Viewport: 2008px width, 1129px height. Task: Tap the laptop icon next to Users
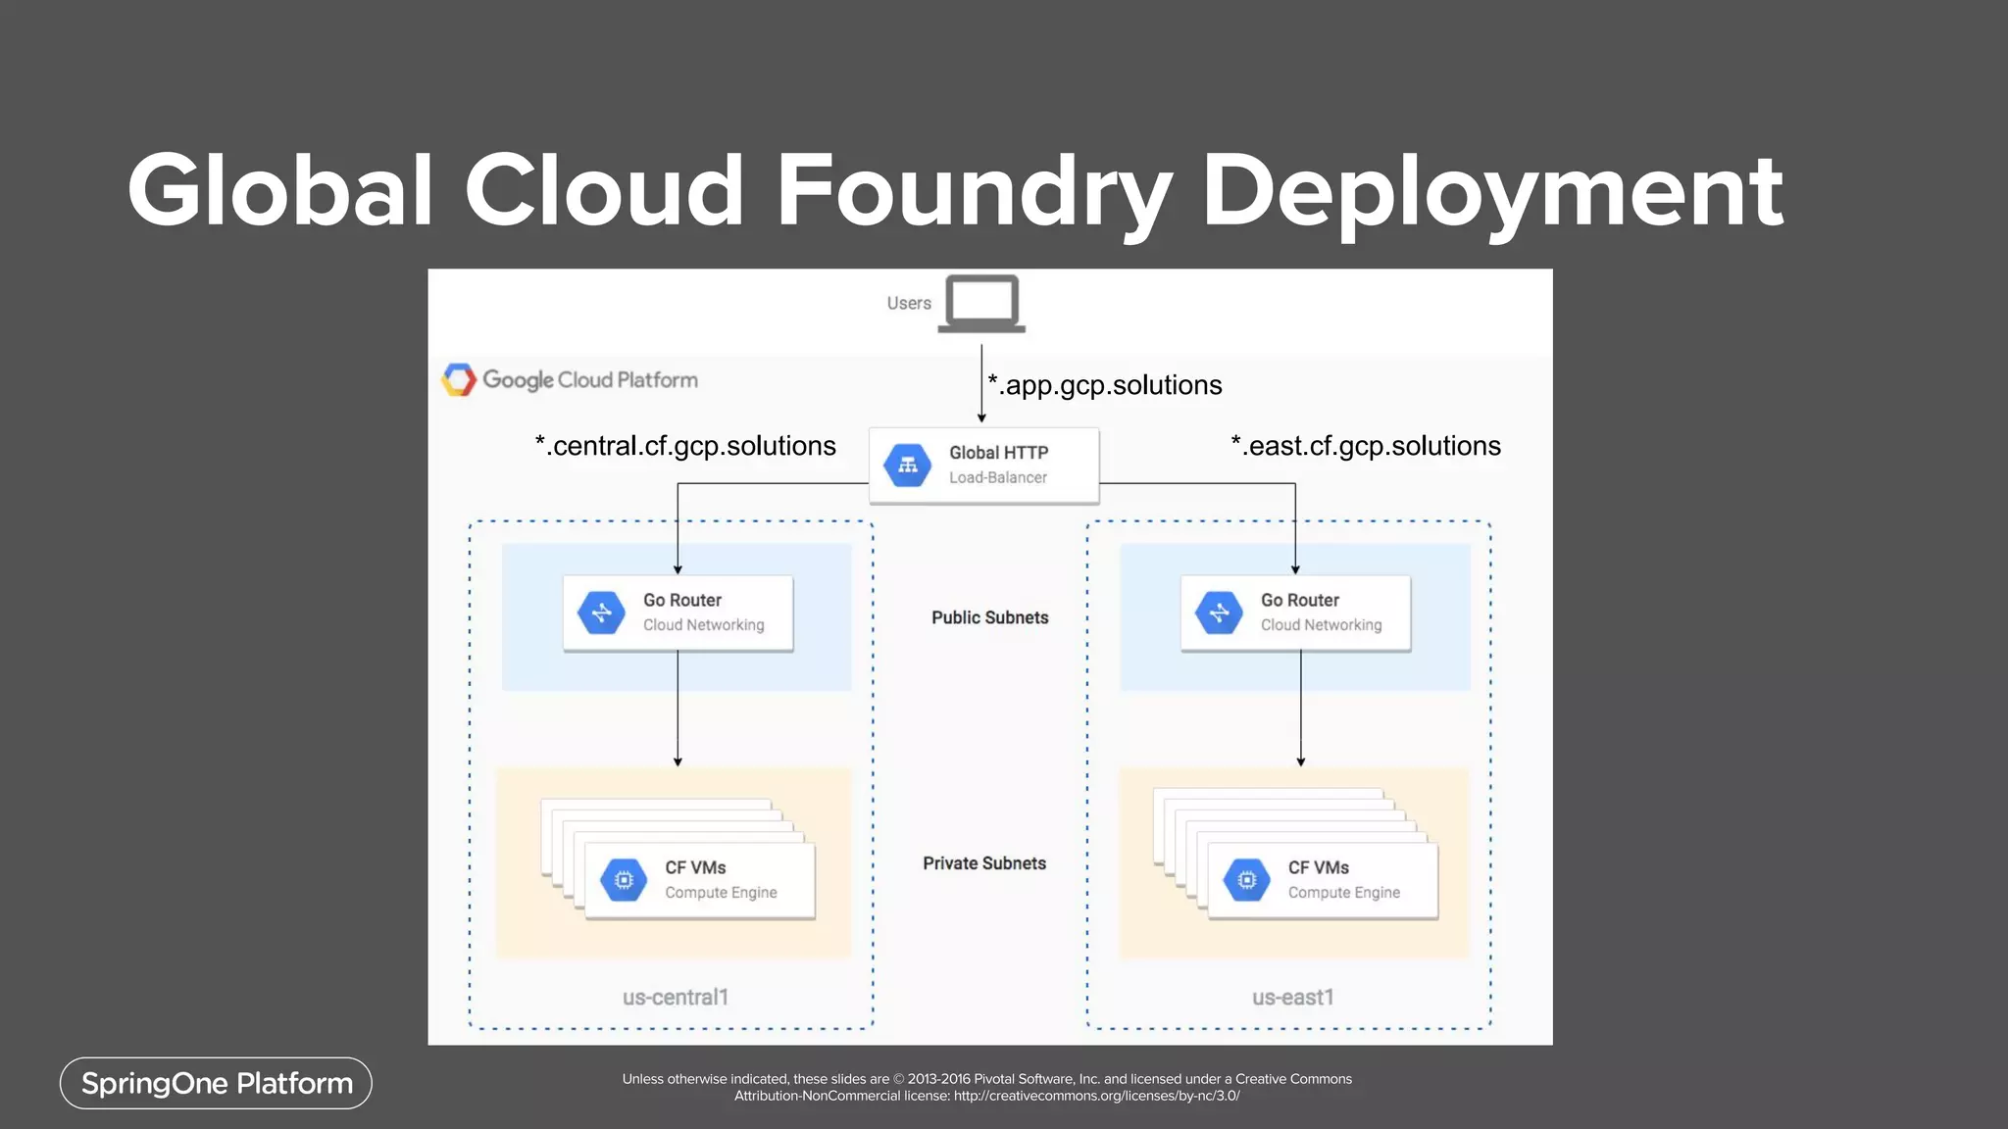(x=981, y=304)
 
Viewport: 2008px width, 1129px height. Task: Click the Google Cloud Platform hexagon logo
(x=459, y=379)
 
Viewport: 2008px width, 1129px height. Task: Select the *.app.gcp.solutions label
(x=1105, y=385)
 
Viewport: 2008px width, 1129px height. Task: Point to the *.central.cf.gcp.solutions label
(x=685, y=446)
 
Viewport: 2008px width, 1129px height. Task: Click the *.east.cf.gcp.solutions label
(x=1366, y=446)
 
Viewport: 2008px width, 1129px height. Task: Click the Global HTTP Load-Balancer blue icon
(x=908, y=466)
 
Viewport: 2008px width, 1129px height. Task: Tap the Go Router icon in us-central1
(x=601, y=613)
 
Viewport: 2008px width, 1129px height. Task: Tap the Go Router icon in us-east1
(x=1219, y=613)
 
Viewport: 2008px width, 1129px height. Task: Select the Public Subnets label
(x=989, y=617)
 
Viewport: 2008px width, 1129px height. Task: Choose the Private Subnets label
(x=983, y=863)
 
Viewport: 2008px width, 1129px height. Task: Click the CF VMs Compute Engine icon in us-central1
(x=624, y=880)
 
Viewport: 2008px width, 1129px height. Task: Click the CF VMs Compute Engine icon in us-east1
(x=1246, y=880)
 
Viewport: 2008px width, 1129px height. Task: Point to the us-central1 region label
(x=675, y=998)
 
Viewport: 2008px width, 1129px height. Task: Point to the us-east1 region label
(x=1292, y=998)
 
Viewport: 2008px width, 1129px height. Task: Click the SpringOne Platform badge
(x=216, y=1083)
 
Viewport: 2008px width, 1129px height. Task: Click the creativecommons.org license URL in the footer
(x=1096, y=1096)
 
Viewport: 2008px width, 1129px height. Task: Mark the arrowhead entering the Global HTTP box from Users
(x=981, y=418)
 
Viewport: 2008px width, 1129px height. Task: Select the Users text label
(x=909, y=304)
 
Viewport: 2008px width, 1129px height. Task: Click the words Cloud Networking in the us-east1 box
(x=1321, y=625)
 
